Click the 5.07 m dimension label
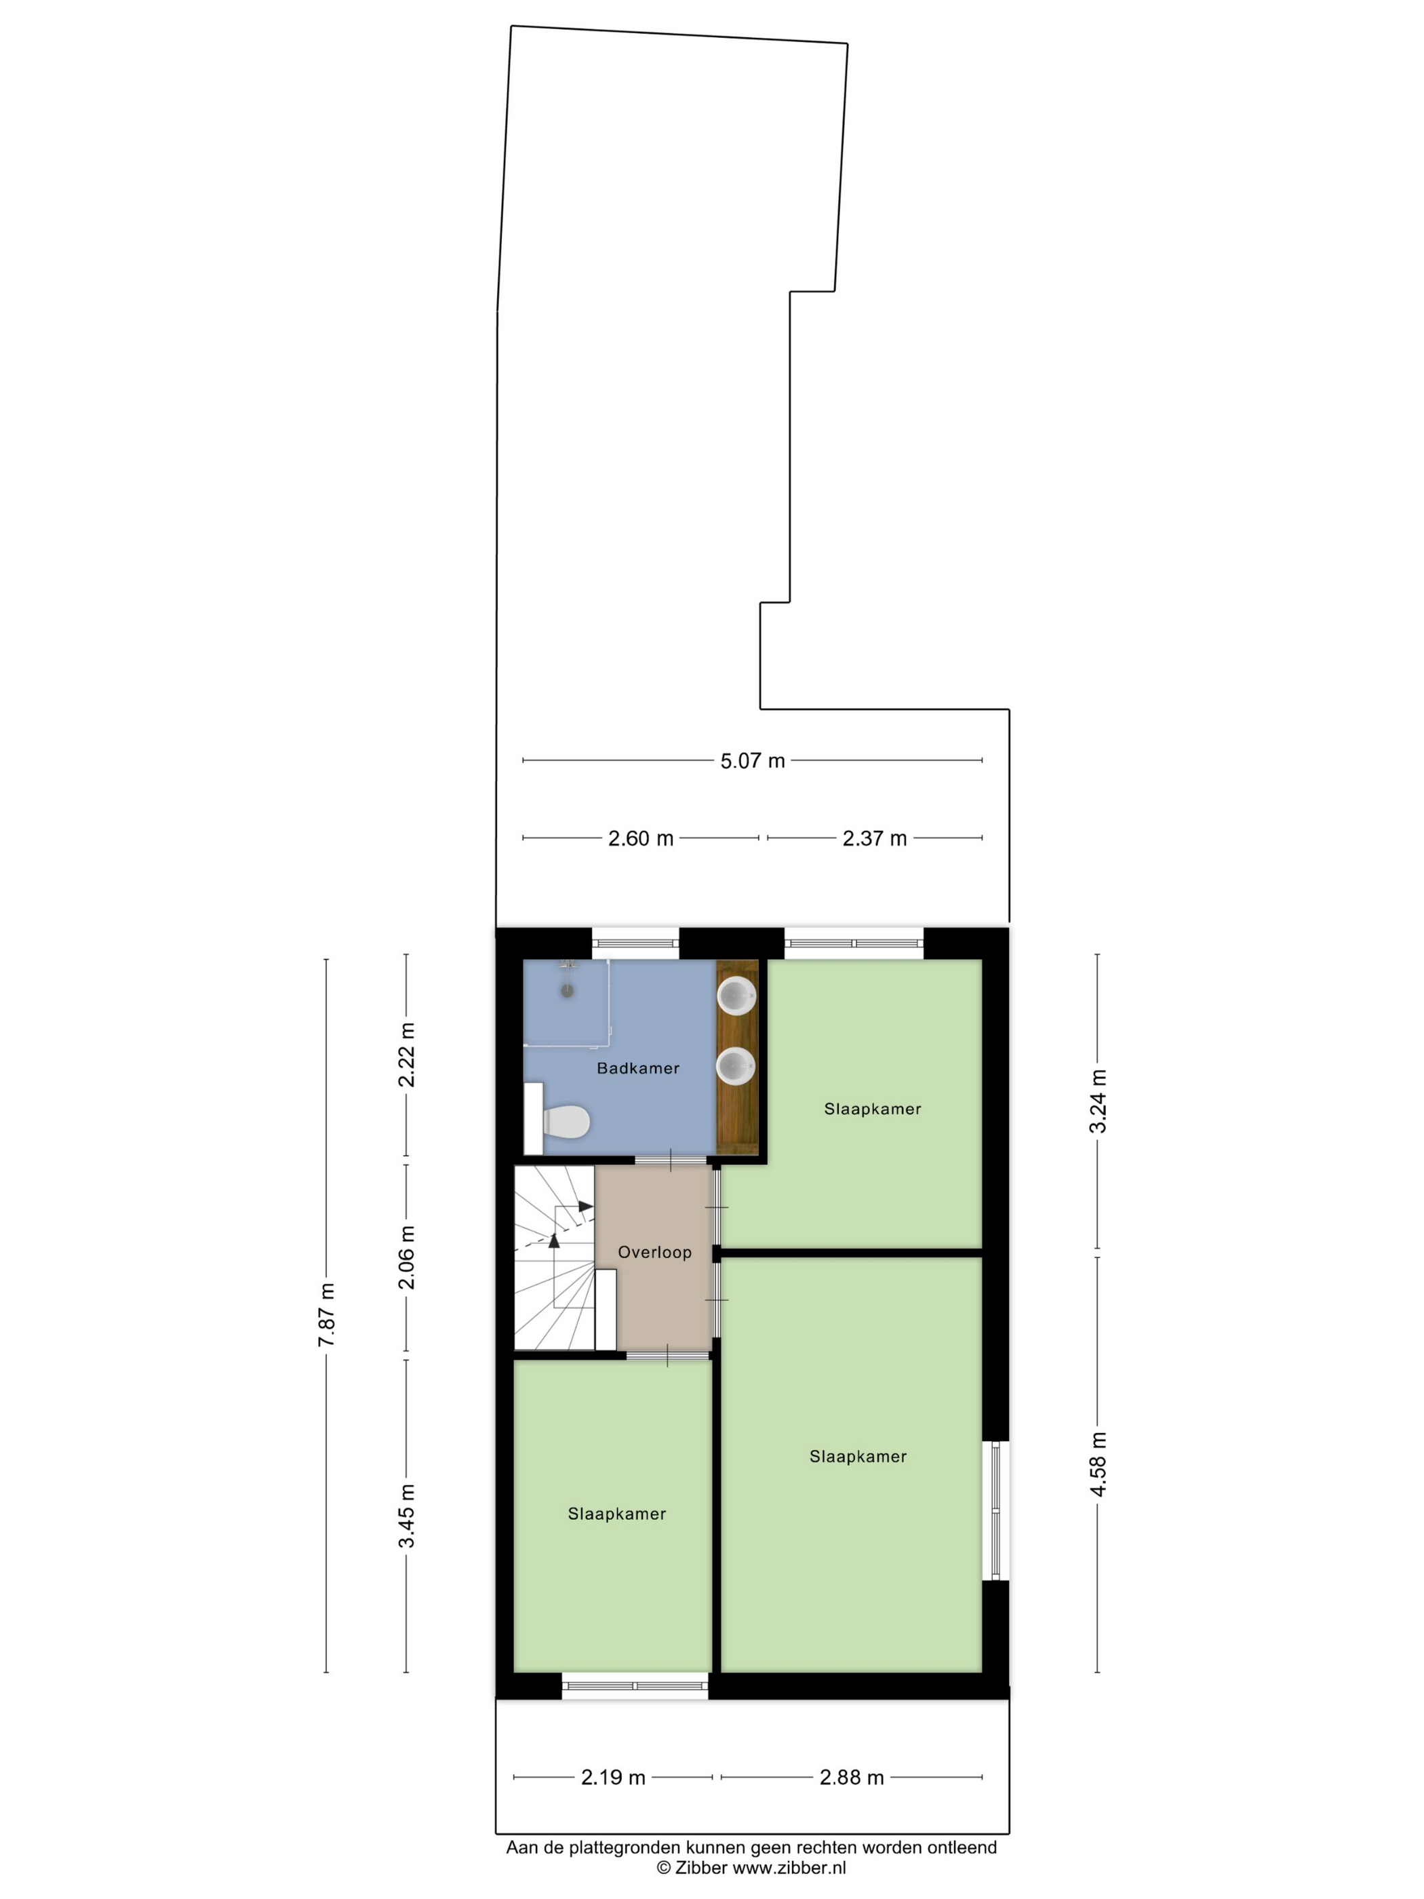[x=752, y=761]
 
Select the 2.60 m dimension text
[x=640, y=838]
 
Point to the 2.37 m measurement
[x=874, y=838]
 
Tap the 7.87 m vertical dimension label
[x=327, y=1314]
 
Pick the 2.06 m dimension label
[x=406, y=1257]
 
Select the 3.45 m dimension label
[x=406, y=1515]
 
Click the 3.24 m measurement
[x=1098, y=1101]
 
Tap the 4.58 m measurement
[x=1098, y=1464]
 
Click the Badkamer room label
[x=638, y=1069]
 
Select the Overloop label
[x=654, y=1253]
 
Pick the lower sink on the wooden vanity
[x=736, y=1066]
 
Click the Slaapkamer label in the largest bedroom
[x=858, y=1456]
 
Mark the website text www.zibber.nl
[x=789, y=1868]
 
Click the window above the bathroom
[x=635, y=943]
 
